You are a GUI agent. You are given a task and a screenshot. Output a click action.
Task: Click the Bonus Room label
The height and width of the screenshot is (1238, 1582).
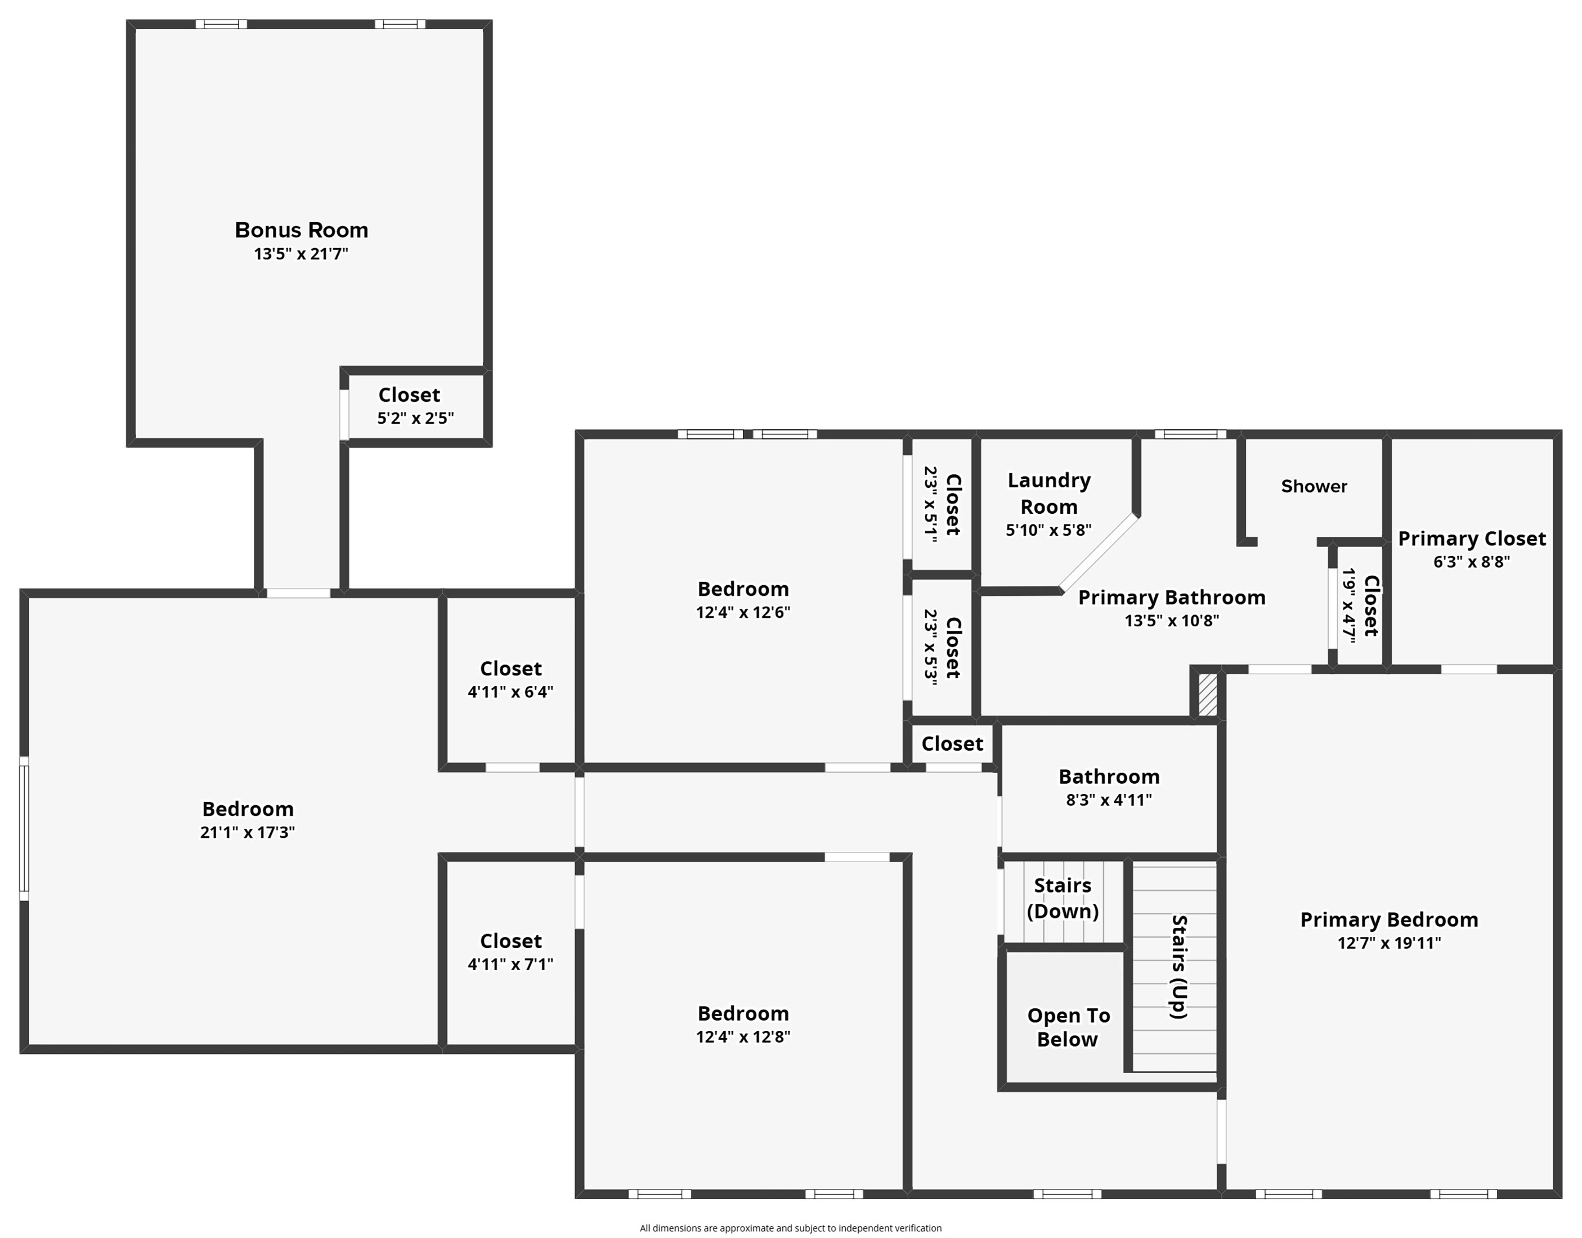[302, 231]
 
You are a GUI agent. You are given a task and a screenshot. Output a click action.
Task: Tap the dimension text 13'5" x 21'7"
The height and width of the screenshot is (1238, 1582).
[301, 254]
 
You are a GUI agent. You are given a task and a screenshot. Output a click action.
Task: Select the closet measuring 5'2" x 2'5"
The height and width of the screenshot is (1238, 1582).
[415, 407]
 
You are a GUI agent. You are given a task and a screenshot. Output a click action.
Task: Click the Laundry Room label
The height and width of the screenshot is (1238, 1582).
[1049, 494]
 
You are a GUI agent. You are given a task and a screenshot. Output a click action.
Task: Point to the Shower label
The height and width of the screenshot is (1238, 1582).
[1314, 486]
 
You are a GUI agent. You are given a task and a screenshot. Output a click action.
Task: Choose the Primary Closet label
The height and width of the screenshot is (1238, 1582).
[1472, 539]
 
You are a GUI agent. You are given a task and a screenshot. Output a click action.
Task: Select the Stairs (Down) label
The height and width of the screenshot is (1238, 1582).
[1063, 898]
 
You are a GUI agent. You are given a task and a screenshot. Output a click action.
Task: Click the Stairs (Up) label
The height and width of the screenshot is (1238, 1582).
[1180, 967]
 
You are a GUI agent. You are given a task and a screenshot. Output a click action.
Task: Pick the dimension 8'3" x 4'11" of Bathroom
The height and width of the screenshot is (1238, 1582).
[1109, 800]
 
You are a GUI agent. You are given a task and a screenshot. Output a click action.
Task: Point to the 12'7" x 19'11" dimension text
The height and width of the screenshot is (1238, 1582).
[1389, 943]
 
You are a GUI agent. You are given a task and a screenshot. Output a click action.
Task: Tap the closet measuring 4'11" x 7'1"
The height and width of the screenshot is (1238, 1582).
[510, 953]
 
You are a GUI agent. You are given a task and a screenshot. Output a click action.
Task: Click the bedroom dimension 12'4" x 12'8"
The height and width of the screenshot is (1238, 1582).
[743, 1037]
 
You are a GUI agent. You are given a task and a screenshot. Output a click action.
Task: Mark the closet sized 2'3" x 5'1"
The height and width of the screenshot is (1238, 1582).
[942, 504]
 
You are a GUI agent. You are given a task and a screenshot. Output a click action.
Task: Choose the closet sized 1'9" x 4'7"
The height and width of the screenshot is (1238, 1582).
[1360, 606]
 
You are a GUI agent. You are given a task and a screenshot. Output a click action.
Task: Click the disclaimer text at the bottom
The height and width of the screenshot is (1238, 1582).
[790, 1228]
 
